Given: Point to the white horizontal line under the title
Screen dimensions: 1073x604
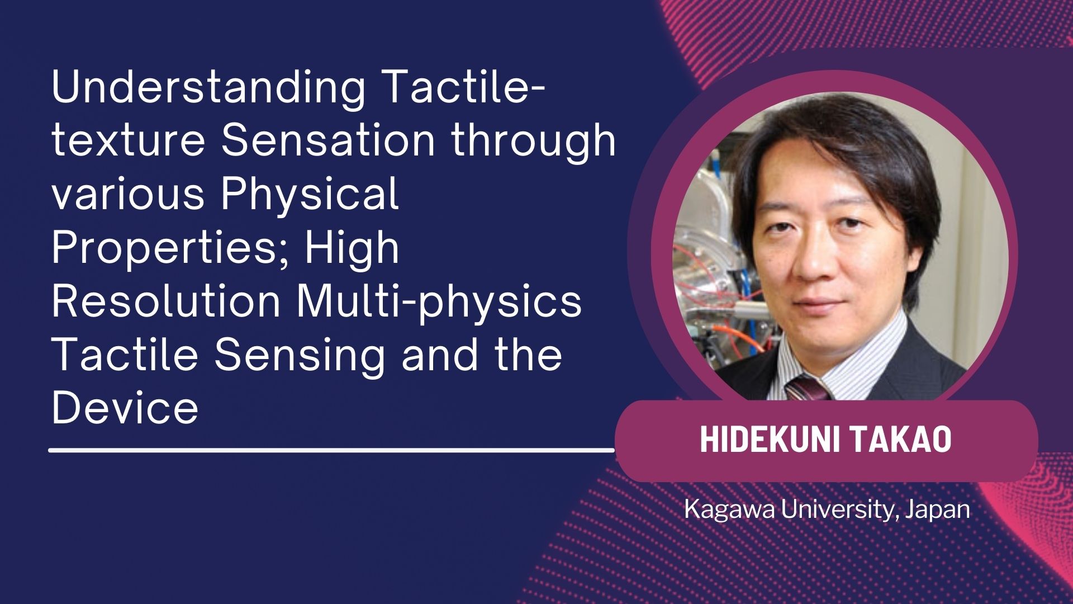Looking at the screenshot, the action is pos(332,449).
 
